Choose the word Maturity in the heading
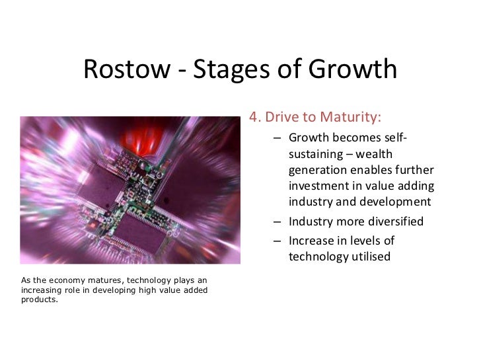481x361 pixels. coord(350,118)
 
